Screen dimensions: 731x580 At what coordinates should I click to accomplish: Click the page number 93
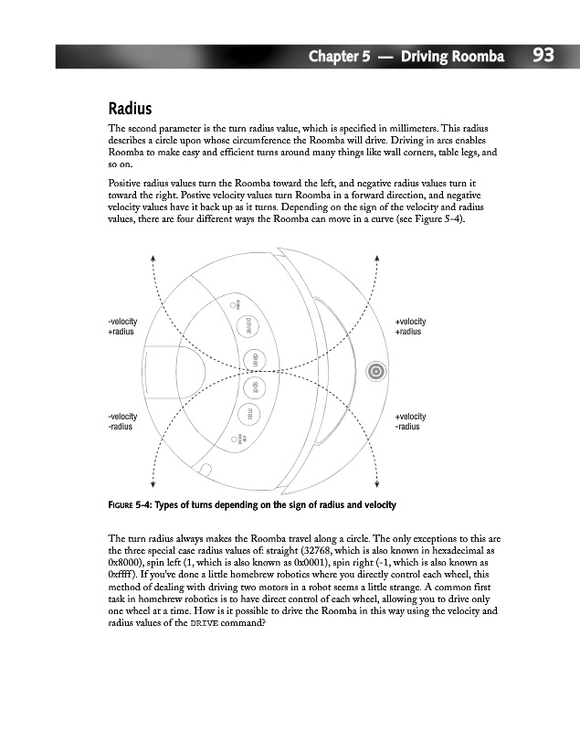(543, 56)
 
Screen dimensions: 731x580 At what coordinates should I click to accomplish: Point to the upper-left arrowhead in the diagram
(153, 258)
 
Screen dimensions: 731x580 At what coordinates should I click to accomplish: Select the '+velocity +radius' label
(409, 326)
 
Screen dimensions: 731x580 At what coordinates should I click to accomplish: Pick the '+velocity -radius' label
(409, 421)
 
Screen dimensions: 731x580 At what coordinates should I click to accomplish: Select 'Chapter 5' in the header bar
(339, 58)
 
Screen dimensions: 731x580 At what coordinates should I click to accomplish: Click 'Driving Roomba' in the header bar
(454, 58)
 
